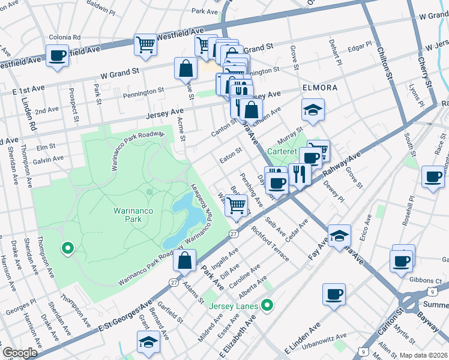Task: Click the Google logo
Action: point(19,352)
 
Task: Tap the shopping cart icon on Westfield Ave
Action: point(145,45)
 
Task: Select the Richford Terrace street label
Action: point(270,244)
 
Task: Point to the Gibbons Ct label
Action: point(427,281)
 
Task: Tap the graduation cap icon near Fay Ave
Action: point(339,236)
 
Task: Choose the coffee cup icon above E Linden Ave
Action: point(334,295)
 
